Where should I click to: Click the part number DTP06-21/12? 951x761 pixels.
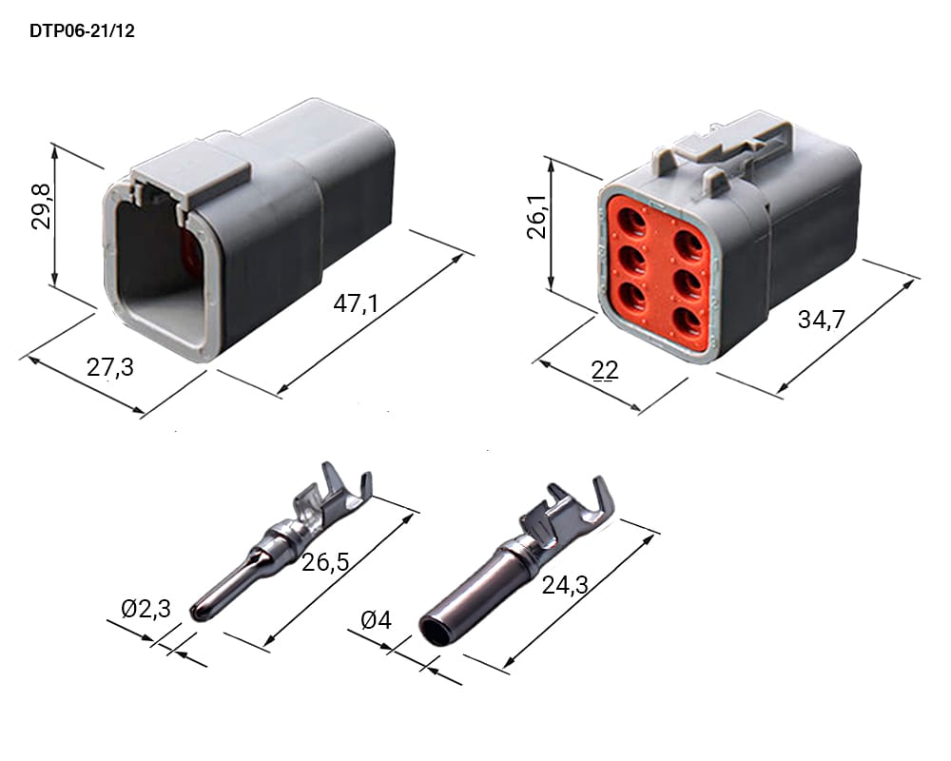[82, 31]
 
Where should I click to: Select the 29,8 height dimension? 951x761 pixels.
[41, 207]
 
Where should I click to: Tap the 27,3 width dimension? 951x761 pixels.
[109, 367]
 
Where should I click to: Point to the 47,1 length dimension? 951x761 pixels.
[356, 302]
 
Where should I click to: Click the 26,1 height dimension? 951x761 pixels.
[537, 217]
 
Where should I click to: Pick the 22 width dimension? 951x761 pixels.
[605, 370]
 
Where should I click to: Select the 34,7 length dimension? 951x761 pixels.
[822, 320]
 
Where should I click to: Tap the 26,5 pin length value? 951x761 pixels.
[325, 562]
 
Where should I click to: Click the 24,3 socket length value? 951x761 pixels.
[565, 585]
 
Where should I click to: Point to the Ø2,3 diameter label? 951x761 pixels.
[146, 608]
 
